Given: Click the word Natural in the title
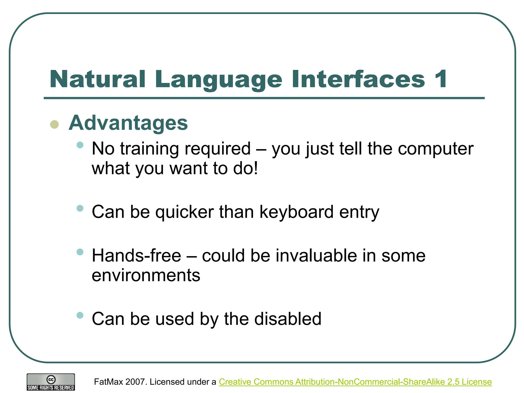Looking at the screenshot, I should click(x=97, y=79).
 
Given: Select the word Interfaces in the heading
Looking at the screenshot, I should click(x=358, y=79).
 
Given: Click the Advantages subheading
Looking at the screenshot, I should click(x=128, y=123).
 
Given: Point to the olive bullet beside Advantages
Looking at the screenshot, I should click(x=54, y=125).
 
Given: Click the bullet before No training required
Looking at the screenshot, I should click(x=80, y=145).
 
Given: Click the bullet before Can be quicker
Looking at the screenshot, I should click(x=80, y=208).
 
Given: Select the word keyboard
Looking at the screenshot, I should click(x=297, y=212).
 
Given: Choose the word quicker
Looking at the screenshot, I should click(x=184, y=212).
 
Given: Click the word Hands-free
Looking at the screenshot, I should click(x=136, y=256).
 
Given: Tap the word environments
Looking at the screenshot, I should click(x=146, y=275).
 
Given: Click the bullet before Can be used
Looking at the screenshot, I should click(x=80, y=315).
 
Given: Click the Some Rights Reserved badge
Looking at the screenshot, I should click(x=51, y=382).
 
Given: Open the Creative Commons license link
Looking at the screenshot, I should click(x=355, y=382).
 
